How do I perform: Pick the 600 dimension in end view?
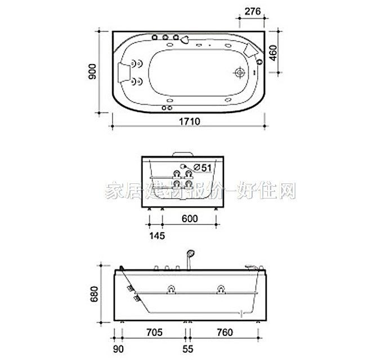click(x=190, y=219)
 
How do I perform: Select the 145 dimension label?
click(x=157, y=236)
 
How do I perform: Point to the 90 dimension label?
click(x=119, y=349)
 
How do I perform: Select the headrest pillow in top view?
click(x=127, y=72)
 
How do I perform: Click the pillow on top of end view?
click(x=182, y=152)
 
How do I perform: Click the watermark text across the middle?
click(x=200, y=191)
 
